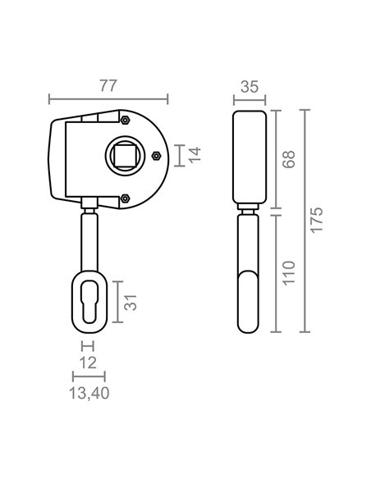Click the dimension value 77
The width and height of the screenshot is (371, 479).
(108, 86)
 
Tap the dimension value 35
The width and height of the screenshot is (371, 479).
(250, 87)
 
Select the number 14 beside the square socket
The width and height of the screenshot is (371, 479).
(195, 155)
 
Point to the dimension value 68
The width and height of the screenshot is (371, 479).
(289, 159)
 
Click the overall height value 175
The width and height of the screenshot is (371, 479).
(317, 221)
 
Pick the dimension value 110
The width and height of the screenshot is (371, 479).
(289, 273)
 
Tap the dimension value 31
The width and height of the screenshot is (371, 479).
(131, 303)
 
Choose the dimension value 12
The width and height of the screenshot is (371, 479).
(88, 363)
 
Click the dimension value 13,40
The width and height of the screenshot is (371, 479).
(89, 393)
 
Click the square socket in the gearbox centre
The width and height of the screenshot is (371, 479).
(125, 156)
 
